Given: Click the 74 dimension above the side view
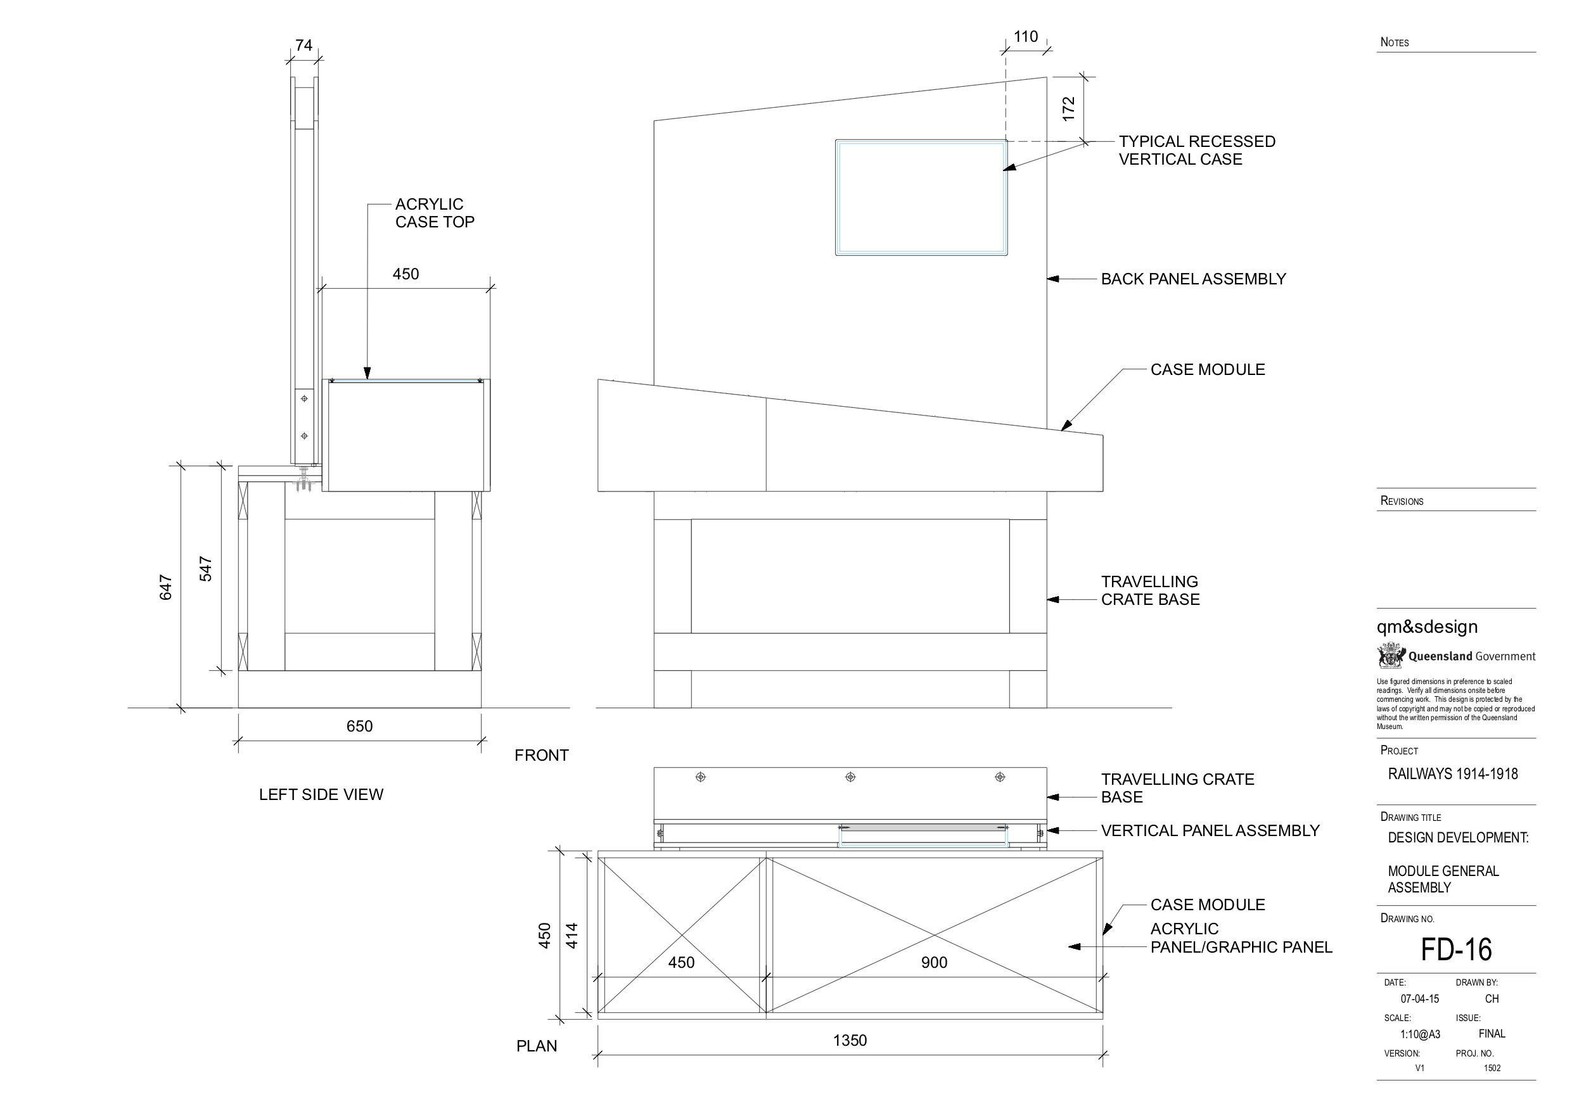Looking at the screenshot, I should (x=304, y=45).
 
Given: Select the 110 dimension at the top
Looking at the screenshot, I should (x=1026, y=37).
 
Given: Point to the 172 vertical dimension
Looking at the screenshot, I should (x=1068, y=110).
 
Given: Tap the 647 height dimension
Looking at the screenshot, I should (x=165, y=587).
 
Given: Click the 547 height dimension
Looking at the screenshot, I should (x=205, y=569).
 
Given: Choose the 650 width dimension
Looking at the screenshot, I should (x=359, y=727).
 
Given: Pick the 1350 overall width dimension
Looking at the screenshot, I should (x=850, y=1041).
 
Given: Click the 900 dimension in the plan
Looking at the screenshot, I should (x=934, y=962).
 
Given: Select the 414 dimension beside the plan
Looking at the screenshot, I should (x=572, y=936).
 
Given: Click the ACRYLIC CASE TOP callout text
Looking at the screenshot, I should (x=434, y=213).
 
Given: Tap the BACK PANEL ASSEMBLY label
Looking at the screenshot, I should (x=1193, y=279).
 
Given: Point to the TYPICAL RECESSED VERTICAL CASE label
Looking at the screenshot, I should (x=1197, y=151).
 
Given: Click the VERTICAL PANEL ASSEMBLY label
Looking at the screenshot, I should (x=1210, y=830).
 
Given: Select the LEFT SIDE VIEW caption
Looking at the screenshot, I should (x=321, y=795).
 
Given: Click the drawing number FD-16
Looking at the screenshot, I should (x=1455, y=949).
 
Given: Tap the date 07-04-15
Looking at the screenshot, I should (x=1419, y=999).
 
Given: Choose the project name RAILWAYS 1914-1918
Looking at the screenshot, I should (x=1453, y=774).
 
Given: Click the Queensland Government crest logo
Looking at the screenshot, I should (x=1391, y=656).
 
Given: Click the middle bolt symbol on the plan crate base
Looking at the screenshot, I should (x=850, y=777).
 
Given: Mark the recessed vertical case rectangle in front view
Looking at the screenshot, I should (x=921, y=197).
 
